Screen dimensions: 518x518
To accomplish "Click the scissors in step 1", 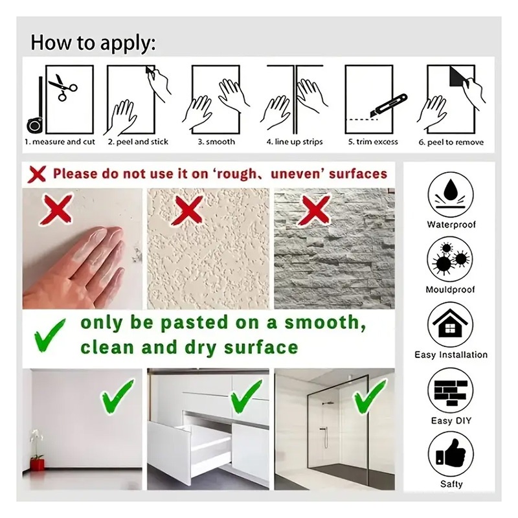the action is [62, 87].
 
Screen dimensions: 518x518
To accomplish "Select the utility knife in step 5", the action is [388, 106].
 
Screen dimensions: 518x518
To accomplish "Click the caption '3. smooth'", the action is [216, 142].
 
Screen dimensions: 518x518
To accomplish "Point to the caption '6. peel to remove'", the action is [451, 142].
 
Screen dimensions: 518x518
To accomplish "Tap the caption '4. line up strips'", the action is [295, 142].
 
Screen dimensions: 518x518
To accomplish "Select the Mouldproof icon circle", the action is [450, 260].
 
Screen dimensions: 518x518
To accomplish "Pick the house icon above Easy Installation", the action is [450, 324].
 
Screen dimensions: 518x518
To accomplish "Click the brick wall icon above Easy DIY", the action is [450, 392].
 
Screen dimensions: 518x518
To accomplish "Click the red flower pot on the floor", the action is [37, 463].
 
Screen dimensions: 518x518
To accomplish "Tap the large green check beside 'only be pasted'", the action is [50, 335].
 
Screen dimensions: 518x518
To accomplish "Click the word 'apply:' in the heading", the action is [128, 43].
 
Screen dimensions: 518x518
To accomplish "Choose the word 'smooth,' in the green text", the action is [325, 322].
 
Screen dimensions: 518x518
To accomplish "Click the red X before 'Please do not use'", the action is [36, 174].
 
